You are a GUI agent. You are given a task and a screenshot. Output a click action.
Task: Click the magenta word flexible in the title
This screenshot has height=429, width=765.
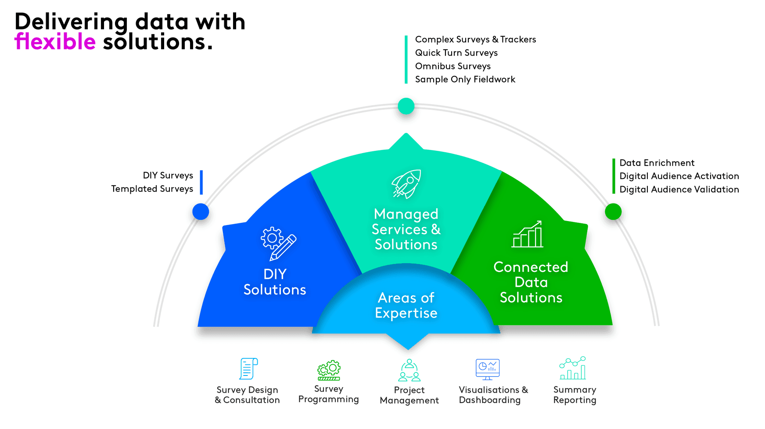coord(55,42)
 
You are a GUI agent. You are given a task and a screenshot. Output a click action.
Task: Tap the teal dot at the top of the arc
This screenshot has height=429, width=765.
coord(406,106)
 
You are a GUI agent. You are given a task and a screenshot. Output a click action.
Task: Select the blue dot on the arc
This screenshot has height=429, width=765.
coord(201,212)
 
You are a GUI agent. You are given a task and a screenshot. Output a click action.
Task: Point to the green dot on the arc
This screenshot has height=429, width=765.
coord(613,211)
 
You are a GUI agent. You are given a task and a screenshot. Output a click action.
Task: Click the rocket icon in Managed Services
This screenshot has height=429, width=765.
coord(406,184)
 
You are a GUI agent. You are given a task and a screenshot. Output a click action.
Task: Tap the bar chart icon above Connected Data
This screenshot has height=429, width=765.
coord(528,234)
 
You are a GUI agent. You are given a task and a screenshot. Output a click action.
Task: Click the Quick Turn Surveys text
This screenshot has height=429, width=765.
coord(456,53)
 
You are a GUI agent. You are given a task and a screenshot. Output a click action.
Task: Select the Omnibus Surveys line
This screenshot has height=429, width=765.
coord(453,66)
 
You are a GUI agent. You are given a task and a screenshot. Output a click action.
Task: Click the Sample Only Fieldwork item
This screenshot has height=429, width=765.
coord(465,79)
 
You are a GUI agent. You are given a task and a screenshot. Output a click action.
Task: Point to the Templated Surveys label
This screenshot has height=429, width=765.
coord(152,189)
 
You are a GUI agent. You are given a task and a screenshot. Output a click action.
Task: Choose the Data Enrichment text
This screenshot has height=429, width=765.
coord(657,163)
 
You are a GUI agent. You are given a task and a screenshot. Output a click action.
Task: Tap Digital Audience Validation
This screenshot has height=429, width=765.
coord(679,189)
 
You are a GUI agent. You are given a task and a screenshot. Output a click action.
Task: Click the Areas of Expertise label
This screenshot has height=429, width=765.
coord(406,305)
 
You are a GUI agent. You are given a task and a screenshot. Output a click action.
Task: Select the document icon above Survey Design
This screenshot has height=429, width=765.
coord(248,368)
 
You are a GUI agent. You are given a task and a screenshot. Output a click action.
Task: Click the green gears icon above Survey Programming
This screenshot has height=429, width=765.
coord(329,370)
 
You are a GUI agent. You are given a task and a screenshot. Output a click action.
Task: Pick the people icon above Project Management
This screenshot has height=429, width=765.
coord(409,370)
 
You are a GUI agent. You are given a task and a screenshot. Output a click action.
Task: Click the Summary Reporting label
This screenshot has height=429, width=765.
coord(575,395)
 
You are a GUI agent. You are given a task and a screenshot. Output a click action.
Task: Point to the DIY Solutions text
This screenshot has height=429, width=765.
coord(275,282)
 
